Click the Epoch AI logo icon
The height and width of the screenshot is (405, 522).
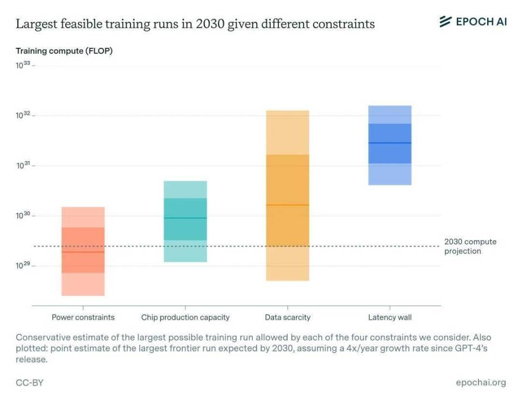[445, 21]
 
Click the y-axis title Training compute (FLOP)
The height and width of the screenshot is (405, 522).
[64, 51]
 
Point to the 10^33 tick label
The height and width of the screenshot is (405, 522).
[23, 65]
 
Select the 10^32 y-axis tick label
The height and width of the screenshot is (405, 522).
[23, 115]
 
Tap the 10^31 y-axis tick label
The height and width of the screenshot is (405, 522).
[23, 165]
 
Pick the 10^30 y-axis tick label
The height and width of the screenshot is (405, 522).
[23, 215]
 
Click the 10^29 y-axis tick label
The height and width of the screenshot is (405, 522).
[23, 265]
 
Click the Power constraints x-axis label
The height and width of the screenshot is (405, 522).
[83, 317]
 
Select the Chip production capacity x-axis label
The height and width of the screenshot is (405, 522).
[185, 317]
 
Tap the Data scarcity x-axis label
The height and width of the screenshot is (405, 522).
[288, 317]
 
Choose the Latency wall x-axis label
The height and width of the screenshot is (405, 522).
[390, 317]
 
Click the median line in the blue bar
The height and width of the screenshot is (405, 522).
[390, 143]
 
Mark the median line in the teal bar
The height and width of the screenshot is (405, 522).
[185, 218]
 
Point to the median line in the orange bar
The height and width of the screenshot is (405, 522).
[288, 204]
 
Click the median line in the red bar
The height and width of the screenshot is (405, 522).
[83, 252]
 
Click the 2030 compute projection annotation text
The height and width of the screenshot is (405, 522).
[470, 246]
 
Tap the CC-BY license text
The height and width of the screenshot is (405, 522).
[29, 383]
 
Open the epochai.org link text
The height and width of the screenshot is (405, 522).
[481, 383]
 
